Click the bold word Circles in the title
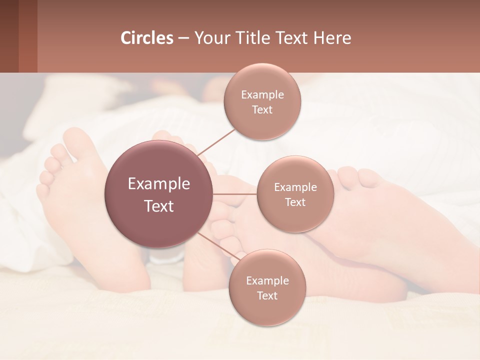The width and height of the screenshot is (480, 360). coord(147,38)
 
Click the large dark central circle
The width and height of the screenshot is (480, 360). coord(158,194)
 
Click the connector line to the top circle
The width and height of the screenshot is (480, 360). coord(216,141)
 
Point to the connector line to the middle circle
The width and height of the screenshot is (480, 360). coord(234,194)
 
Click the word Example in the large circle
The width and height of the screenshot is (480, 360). coord(158,183)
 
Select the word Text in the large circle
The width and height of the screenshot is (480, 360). coord(158,205)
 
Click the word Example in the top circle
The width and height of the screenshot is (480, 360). coord(262,94)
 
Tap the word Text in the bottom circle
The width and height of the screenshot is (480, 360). coord(267,295)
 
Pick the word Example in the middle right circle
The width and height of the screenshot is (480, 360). coord(295,187)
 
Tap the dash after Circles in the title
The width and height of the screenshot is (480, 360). coord(183,38)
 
